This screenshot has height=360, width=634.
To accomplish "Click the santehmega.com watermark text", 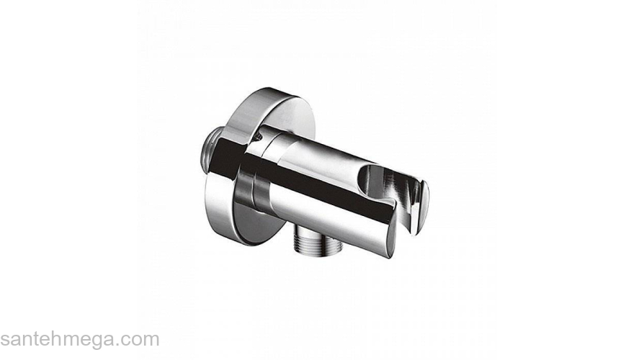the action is click(x=80, y=341).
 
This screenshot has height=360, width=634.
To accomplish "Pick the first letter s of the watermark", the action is click(x=4, y=342).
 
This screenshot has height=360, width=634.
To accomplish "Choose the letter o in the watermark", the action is click(x=134, y=342).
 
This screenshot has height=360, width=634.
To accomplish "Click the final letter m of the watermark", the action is click(x=151, y=342).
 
